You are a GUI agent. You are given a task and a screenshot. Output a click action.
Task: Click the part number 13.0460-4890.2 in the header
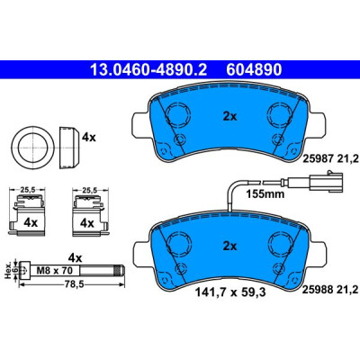point(148,70)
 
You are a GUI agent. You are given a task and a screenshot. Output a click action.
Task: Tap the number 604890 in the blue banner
point(254,70)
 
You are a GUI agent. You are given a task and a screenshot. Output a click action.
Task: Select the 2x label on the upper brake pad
point(229,117)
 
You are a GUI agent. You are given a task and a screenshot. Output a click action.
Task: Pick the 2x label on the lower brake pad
point(229,247)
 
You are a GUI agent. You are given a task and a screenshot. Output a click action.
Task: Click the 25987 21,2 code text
point(331,158)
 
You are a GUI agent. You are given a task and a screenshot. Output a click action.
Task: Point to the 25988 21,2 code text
point(331,289)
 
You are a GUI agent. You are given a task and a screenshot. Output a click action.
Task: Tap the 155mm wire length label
point(265,194)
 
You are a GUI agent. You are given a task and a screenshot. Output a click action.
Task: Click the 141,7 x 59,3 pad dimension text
point(230,292)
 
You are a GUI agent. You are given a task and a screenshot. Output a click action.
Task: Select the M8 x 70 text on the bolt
point(54,271)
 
